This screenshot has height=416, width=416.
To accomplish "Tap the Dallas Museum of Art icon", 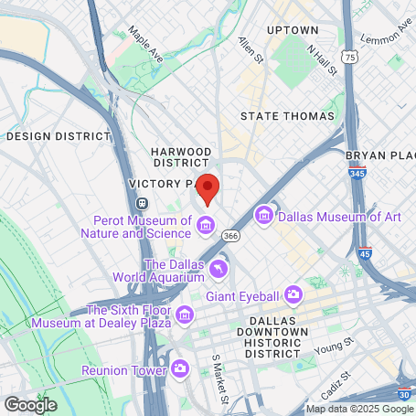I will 265,216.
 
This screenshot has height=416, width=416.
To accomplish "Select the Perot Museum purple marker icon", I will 206,225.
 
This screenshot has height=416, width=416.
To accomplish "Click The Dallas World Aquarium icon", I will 219,269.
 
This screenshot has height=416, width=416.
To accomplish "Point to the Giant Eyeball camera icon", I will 293,294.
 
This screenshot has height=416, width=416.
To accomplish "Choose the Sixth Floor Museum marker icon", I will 186,315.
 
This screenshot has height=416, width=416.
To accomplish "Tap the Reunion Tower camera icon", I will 180,368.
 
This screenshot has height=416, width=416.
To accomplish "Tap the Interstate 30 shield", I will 405,394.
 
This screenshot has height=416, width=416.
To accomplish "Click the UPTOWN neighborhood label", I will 292,30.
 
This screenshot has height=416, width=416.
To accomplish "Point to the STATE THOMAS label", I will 287,116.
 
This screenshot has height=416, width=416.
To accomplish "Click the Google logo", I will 30,403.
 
